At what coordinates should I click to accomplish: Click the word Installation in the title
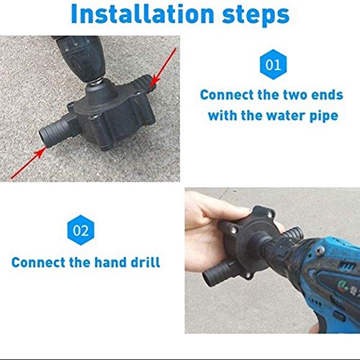point(137,14)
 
